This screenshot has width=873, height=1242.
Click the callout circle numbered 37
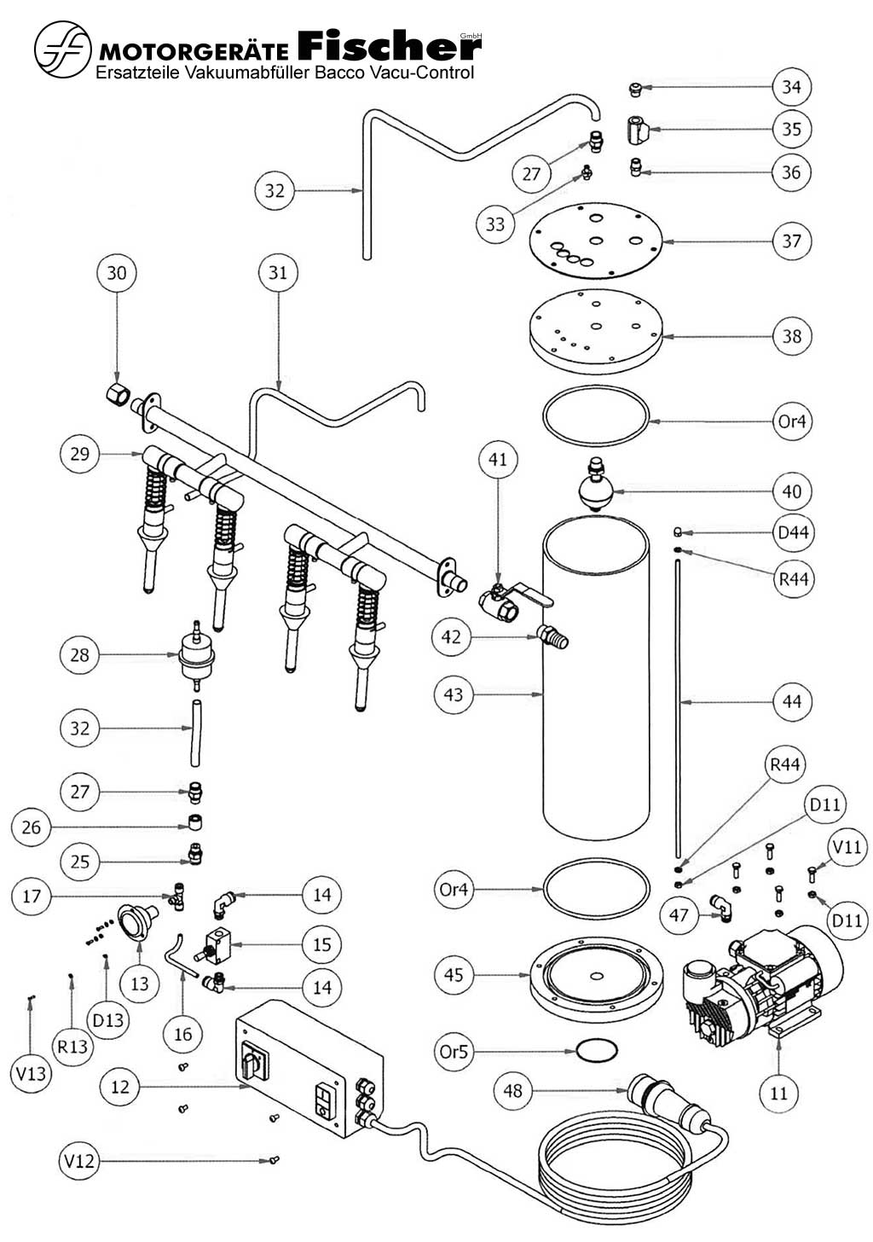791,241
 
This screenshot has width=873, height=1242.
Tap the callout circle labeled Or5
454,1051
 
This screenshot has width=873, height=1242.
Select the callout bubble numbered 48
512,1091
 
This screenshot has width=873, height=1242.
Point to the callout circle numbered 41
498,460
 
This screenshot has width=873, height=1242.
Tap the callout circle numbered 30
117,273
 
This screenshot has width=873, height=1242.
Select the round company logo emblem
62,49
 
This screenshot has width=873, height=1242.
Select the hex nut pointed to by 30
117,394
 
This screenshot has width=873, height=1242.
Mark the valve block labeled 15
217,944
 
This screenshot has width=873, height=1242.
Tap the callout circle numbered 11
778,1093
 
